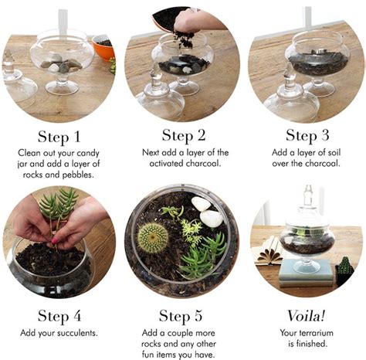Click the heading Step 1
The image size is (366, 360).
click(x=60, y=137)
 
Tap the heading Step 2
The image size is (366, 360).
click(x=182, y=137)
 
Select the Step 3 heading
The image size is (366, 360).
click(x=307, y=137)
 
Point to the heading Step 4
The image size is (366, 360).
click(x=59, y=315)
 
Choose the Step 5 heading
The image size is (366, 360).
click(x=182, y=315)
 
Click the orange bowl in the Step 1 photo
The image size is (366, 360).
click(x=103, y=47)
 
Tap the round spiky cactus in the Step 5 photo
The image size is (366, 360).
click(x=153, y=236)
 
